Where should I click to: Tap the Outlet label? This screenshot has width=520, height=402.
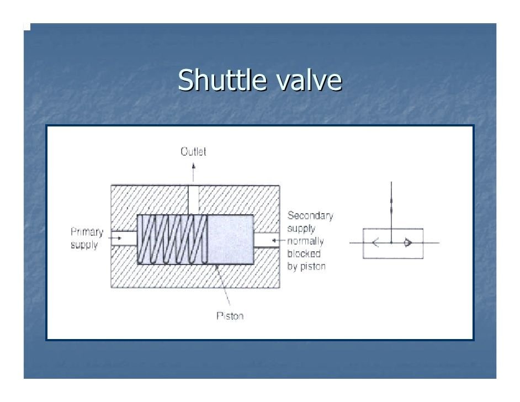193,151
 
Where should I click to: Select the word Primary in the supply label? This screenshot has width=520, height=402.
87,232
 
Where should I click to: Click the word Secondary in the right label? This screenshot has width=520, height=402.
310,216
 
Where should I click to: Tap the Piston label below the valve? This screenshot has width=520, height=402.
230,316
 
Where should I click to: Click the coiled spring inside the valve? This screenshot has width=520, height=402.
172,240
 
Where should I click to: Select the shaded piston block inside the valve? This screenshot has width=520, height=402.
230,240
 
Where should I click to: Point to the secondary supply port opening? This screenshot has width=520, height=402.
267,240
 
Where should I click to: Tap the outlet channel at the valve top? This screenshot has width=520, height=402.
193,199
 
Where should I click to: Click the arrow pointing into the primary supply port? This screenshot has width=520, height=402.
116,239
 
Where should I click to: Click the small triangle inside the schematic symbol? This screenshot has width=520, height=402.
408,242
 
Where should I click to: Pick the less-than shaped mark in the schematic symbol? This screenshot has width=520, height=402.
375,242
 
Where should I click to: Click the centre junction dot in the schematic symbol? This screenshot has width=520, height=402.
391,242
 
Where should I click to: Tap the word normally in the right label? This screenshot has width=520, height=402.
306,241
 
